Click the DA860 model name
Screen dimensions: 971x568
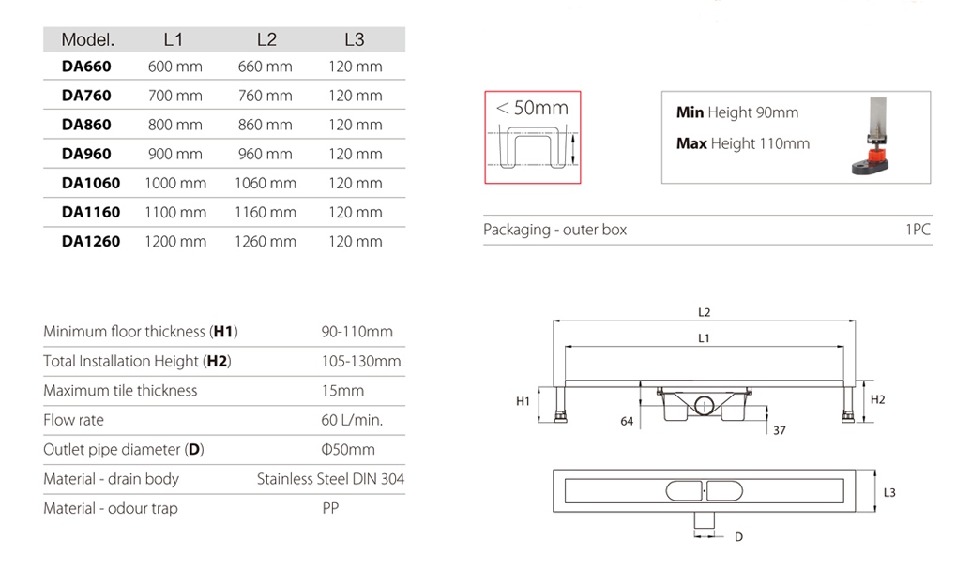point(86,125)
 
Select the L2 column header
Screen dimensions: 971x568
point(266,39)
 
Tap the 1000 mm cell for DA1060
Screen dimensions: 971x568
point(175,183)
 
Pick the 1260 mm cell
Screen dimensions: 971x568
point(266,241)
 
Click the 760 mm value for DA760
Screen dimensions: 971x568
point(266,96)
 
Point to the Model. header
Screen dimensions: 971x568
point(88,39)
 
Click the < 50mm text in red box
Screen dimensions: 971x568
point(532,108)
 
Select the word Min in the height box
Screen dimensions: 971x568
point(690,112)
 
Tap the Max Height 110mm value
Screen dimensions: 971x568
point(742,143)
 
